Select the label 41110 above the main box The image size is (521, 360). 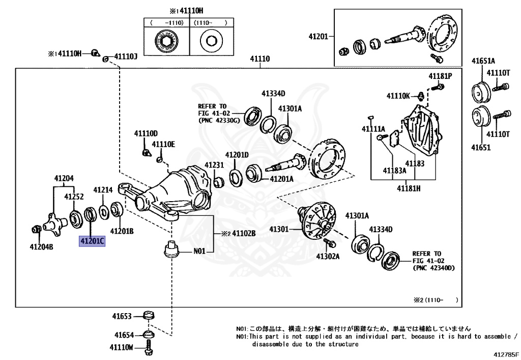(x=259, y=59)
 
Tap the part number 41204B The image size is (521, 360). (x=41, y=247)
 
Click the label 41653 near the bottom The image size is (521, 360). (x=122, y=316)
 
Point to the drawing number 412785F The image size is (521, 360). (x=505, y=354)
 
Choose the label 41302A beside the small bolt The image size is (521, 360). (x=327, y=256)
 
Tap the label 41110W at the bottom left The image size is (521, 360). (x=121, y=347)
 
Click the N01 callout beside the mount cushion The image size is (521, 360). (x=199, y=251)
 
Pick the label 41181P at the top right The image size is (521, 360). (x=440, y=76)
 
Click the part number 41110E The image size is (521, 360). (x=163, y=145)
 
